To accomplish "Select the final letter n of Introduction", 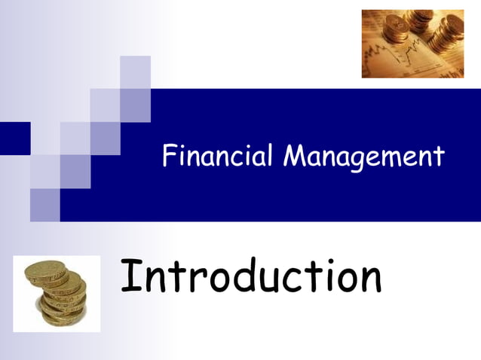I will point(369,280).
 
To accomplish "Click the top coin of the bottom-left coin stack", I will point(47,270).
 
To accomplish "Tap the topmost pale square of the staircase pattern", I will point(135,72).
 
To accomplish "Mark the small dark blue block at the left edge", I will point(14,138).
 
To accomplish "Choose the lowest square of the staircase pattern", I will point(44,205).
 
